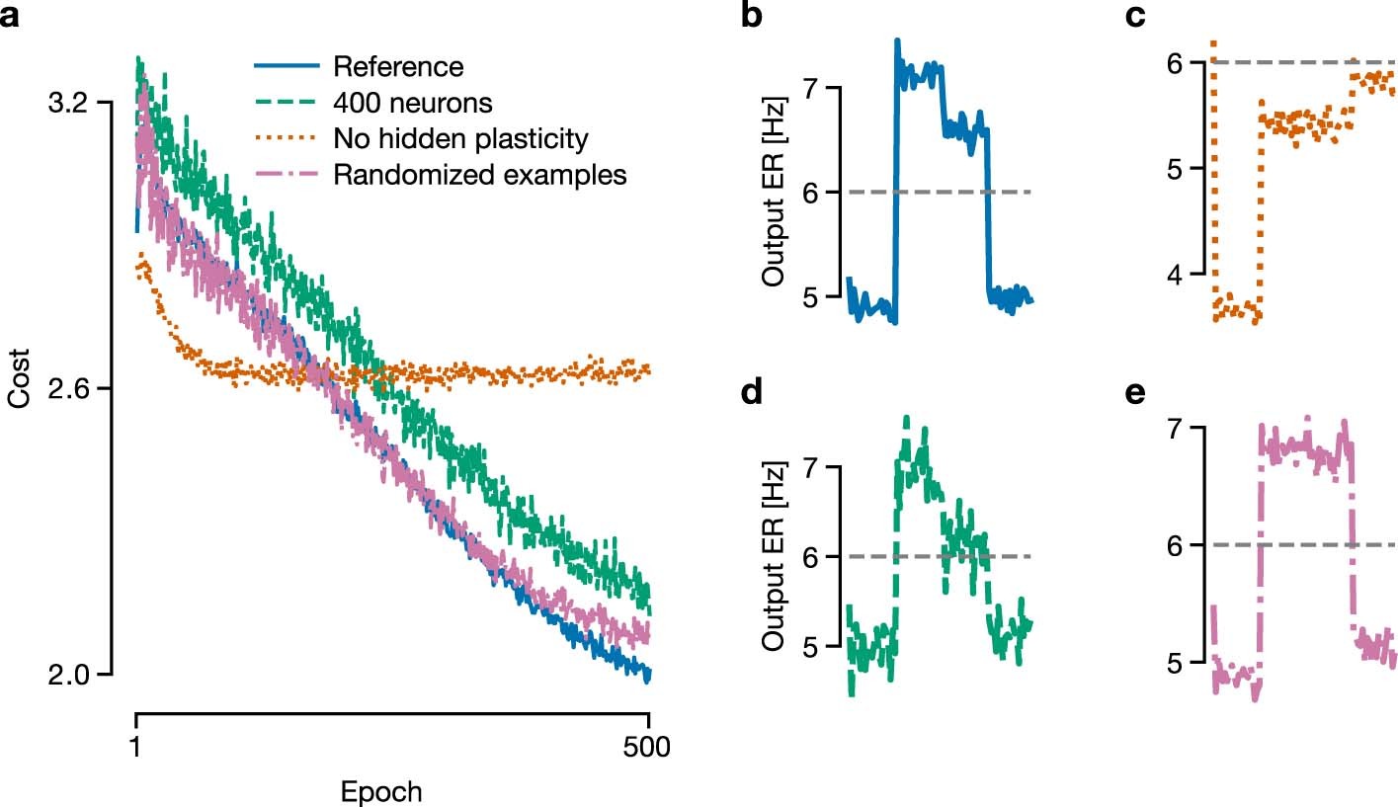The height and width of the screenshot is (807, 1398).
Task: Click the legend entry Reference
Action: (398, 67)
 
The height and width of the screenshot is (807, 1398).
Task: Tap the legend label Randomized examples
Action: (480, 175)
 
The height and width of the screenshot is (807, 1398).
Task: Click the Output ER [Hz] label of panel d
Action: (775, 556)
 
